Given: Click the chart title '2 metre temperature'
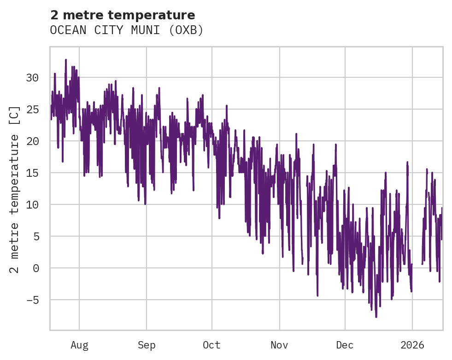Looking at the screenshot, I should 123,15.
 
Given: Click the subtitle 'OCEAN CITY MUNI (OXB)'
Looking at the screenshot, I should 127,30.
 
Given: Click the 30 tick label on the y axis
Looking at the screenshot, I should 32,78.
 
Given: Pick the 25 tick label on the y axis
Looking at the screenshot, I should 32,110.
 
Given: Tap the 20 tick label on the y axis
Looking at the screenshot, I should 32,141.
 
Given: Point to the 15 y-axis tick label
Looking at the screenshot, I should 32,173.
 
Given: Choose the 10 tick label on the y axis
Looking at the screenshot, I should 32,205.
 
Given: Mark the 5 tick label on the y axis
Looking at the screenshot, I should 35,237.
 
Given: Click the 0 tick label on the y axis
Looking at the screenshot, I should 35,268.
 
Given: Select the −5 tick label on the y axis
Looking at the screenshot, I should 32,300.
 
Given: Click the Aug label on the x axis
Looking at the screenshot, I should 79,345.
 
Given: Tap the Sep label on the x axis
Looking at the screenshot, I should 147,345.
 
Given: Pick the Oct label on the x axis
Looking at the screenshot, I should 212,345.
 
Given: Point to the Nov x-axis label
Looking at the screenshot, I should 279,345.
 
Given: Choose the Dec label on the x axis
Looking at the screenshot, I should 345,345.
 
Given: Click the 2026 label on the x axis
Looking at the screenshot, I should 412,345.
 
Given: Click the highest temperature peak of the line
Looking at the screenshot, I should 66,59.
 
